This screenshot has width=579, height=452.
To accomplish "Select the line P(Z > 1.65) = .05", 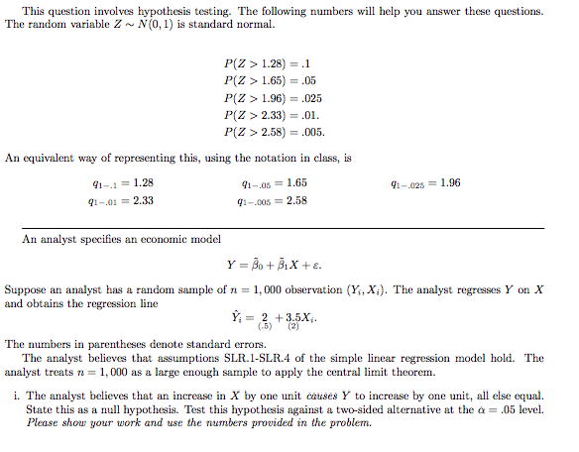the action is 274,80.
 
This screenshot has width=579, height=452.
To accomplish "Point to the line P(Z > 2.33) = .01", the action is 274,114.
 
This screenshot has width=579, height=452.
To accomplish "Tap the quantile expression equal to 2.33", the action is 119,200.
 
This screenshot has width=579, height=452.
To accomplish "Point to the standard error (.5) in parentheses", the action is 265,326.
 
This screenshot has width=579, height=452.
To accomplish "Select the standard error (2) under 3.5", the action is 293,326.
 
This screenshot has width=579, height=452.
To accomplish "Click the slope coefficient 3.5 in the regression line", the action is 291,316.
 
